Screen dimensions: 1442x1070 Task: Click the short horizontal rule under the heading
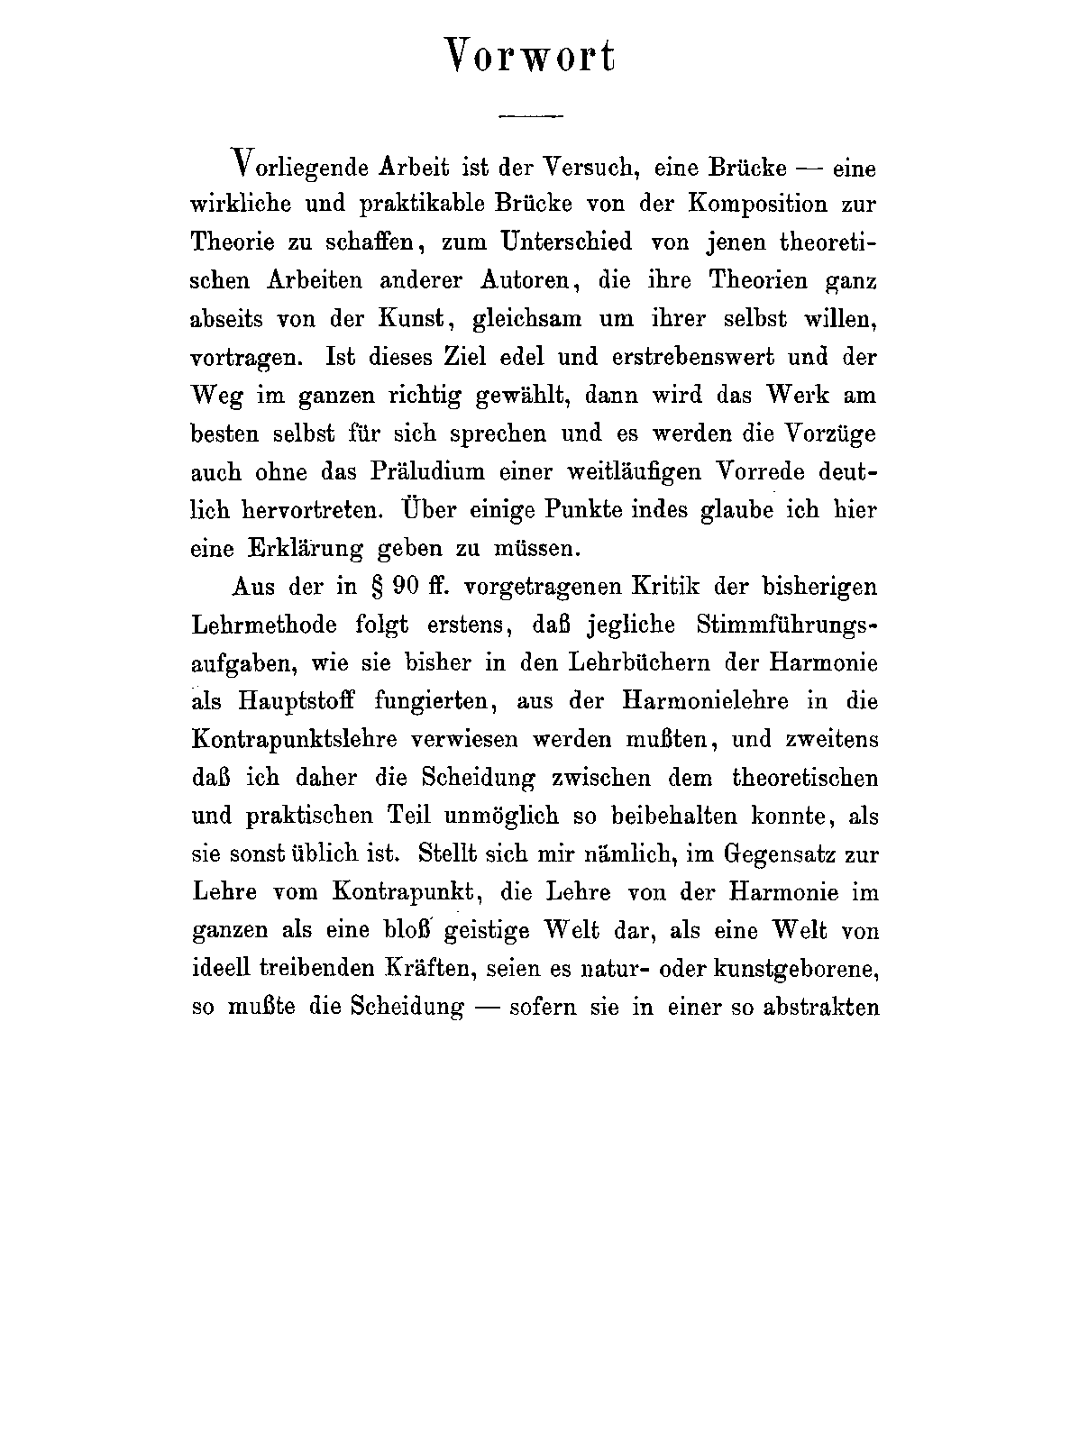coord(531,115)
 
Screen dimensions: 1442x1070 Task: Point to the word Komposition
coord(758,204)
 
